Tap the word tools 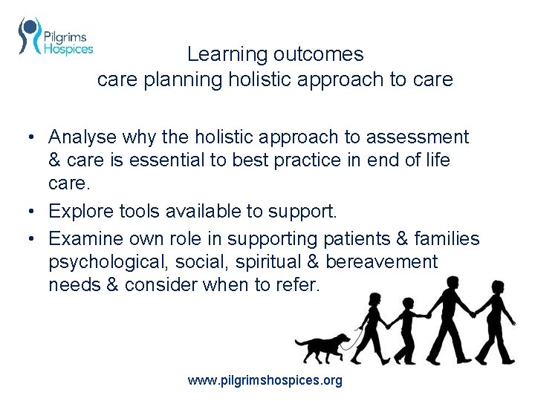coord(139,212)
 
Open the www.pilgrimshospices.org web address coord(265,381)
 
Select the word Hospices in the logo coord(68,49)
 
